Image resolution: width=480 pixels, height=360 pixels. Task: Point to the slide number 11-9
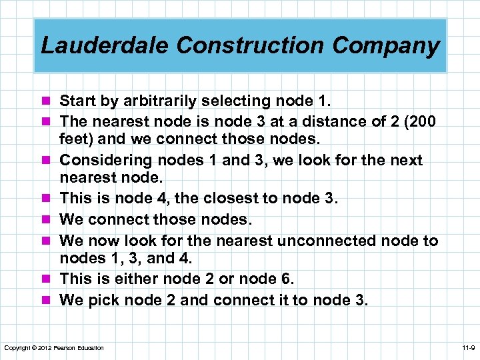point(467,348)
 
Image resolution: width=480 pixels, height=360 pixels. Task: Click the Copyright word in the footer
point(16,348)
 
